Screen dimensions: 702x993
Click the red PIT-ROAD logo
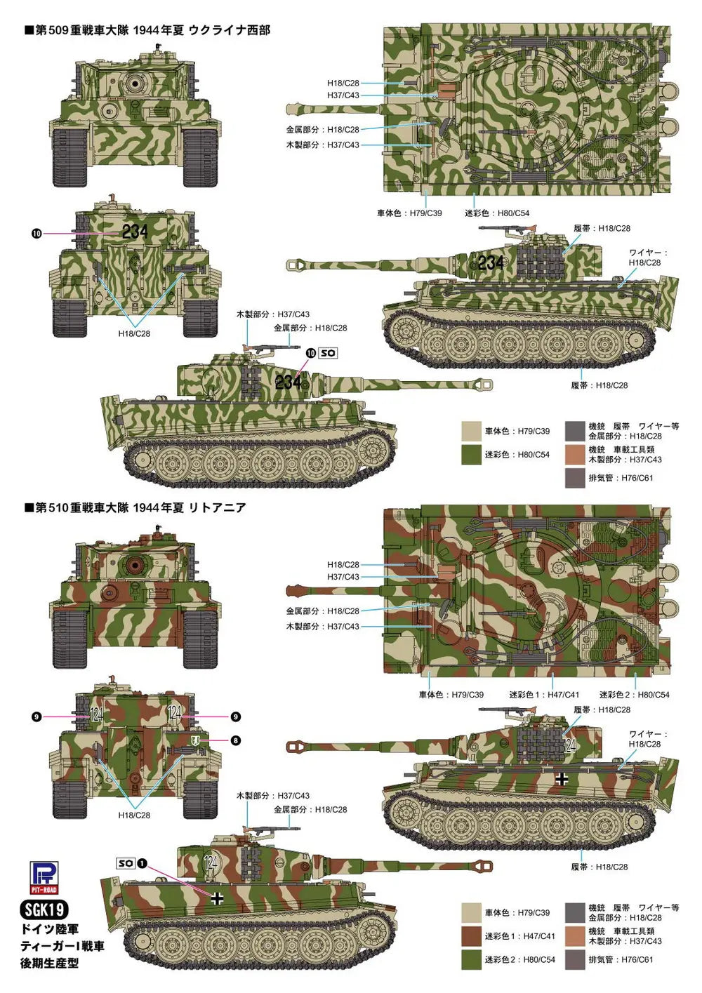pos(44,878)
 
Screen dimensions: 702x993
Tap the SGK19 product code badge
pos(44,909)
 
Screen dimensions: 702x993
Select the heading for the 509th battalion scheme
pos(147,30)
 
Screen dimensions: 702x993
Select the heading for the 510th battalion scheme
pos(135,507)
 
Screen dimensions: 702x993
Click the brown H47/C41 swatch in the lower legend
pos(471,936)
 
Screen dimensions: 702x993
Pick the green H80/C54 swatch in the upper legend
pos(471,454)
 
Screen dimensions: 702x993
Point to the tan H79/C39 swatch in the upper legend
pos(471,431)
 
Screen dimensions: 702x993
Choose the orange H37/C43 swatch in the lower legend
pos(575,936)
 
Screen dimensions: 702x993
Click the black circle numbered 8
pos(235,741)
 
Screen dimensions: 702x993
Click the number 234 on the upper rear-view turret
pos(135,232)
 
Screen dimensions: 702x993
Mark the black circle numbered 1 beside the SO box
pos(142,863)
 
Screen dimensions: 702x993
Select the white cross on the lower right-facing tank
pos(562,780)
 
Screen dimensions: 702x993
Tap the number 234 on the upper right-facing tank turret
pos(491,262)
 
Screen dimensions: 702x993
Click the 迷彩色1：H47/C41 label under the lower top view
pos(543,695)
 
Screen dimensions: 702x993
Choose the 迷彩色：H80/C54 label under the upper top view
pos(497,213)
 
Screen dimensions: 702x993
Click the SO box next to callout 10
pos(329,353)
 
